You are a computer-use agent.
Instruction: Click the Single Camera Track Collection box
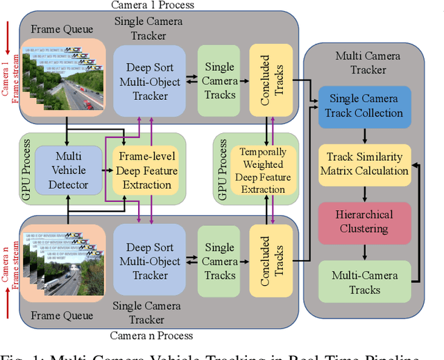365,106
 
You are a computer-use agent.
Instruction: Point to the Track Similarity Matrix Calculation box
364,164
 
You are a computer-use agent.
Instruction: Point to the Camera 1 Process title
152,6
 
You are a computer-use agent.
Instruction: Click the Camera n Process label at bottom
152,336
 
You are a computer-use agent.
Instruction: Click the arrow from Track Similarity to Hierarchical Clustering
365,194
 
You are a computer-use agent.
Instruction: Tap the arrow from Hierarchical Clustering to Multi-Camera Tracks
365,252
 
